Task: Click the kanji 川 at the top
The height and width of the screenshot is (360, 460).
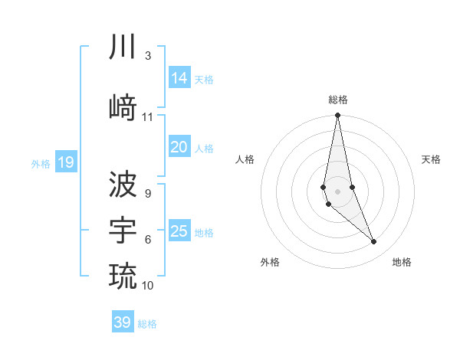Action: (x=123, y=48)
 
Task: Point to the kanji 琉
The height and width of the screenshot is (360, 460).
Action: (x=123, y=274)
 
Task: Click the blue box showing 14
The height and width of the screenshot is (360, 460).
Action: (x=179, y=78)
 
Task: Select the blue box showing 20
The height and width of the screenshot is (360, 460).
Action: (x=179, y=147)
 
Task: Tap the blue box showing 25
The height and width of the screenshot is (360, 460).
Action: (x=179, y=231)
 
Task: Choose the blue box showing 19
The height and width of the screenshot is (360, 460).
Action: (x=66, y=162)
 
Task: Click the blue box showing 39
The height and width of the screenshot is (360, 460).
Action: (x=123, y=322)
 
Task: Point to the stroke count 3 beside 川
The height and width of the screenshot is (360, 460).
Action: (x=147, y=56)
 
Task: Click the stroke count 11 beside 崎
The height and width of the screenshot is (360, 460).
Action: (x=148, y=117)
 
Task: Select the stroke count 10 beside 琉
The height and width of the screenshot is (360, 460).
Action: (x=148, y=286)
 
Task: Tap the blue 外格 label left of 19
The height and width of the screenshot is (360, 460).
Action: (x=41, y=163)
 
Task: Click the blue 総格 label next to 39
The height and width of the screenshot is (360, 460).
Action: (x=147, y=324)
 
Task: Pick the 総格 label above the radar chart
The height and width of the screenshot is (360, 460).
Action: (x=338, y=100)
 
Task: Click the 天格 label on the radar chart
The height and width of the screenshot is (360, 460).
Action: (x=432, y=159)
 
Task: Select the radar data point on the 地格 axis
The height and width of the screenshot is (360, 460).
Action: (x=374, y=242)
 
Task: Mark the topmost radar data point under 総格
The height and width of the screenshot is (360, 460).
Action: (x=337, y=115)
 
